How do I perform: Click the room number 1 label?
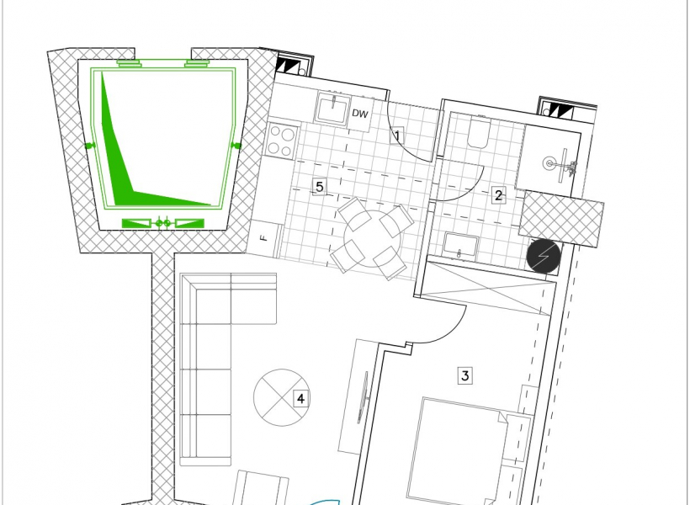pos(397,136)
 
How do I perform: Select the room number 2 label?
pos(498,195)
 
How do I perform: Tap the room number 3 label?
pos(465,375)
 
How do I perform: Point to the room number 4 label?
pos(300,399)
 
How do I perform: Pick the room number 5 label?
pos(320,186)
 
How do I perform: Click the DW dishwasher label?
pos(359,114)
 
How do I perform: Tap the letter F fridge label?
pos(264,238)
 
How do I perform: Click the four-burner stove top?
pos(282,140)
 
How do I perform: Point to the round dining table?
pos(373,238)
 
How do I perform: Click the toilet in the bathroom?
pos(478,131)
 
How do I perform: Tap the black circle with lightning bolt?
pos(544,256)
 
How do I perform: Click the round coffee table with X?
pos(281,397)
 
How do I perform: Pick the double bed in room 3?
pos(458,451)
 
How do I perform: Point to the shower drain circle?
pos(549,164)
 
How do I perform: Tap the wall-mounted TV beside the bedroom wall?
pos(364,397)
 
